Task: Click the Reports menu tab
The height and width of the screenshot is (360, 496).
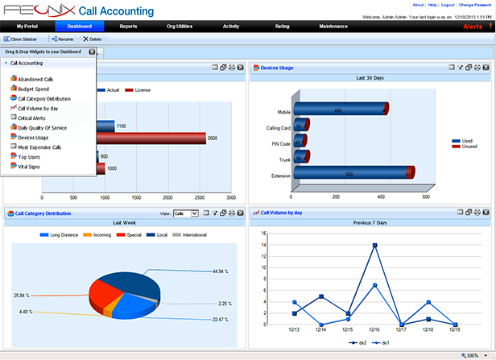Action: click(x=128, y=27)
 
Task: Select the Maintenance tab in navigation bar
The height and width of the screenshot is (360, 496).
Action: click(x=333, y=27)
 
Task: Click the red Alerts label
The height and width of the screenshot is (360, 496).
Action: click(x=473, y=27)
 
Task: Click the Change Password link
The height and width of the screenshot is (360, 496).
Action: click(x=476, y=4)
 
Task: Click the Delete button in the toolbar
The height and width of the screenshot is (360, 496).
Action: click(x=93, y=39)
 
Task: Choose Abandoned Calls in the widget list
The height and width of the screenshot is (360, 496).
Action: click(x=35, y=79)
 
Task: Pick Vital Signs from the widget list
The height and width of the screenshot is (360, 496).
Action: click(x=30, y=167)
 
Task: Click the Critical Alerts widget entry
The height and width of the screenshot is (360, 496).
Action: click(x=33, y=118)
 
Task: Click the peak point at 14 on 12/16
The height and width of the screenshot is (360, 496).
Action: click(x=374, y=246)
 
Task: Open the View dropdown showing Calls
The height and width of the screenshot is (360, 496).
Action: click(x=184, y=213)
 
